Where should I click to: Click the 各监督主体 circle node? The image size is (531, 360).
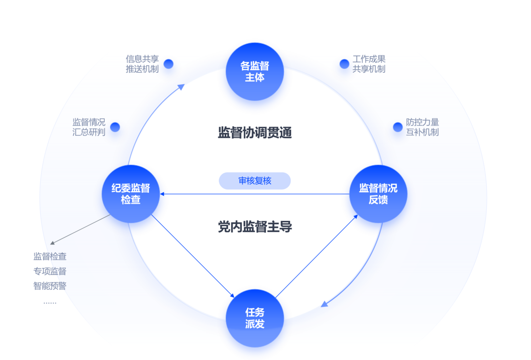point(255,72)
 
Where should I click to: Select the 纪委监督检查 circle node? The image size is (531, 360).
point(131,194)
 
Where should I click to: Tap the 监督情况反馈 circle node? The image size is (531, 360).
point(378,194)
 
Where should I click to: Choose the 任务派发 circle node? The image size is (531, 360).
point(255,318)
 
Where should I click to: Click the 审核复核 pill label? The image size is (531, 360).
point(255,180)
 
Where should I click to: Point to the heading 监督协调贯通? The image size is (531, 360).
point(255,133)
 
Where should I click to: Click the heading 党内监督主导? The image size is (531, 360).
point(255,227)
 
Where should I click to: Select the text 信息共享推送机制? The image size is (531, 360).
point(142,64)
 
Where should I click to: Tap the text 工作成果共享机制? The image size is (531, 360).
point(369,64)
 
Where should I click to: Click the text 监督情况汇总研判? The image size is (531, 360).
point(89,127)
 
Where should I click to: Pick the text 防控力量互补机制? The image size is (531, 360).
point(422,127)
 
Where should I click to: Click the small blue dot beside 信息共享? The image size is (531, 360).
point(169,63)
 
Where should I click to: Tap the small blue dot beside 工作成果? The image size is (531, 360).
point(344,64)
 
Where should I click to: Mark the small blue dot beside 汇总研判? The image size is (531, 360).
point(115,127)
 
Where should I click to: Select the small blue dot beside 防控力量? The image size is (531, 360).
point(398,127)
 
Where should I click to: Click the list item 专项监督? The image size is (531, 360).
point(50,271)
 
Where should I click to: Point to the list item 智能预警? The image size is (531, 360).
point(50,286)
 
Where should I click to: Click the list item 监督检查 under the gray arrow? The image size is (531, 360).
point(50,256)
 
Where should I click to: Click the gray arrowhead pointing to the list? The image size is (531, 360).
point(52,242)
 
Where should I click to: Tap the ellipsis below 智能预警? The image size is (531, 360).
point(50,301)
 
